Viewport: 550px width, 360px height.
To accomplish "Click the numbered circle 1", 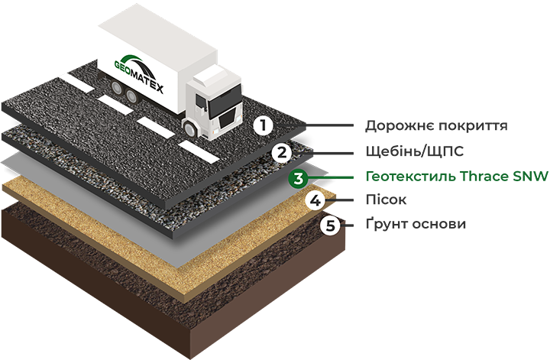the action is click(x=264, y=125).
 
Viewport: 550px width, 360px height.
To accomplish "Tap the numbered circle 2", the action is click(x=282, y=152).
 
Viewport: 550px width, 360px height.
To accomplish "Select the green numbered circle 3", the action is click(x=298, y=178).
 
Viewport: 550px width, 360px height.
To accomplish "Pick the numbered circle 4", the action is click(x=315, y=201).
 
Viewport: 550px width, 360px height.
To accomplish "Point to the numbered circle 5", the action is click(x=331, y=225).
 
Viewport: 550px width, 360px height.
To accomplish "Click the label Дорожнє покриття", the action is click(x=436, y=125).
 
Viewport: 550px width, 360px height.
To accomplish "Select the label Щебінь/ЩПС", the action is click(x=415, y=151).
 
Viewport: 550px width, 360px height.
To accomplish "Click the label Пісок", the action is click(x=386, y=199).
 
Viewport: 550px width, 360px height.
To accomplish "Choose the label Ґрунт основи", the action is click(x=416, y=223).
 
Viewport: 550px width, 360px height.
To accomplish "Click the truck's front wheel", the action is click(x=189, y=128).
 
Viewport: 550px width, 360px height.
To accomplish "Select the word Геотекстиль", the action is click(x=411, y=176).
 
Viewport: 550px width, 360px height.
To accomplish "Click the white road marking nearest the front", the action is click(x=199, y=151).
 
